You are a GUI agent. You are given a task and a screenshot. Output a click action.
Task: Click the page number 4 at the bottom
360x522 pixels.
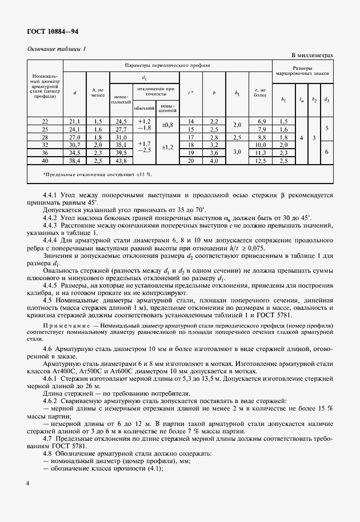pyautogui.click(x=28, y=483)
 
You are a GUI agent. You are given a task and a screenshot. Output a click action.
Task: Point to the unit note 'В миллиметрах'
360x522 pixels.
pyautogui.click(x=312, y=56)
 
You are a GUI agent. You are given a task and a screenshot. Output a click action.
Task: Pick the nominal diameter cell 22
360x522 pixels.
pyautogui.click(x=45, y=121)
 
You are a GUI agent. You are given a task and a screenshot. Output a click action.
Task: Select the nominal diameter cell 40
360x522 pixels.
pyautogui.click(x=45, y=161)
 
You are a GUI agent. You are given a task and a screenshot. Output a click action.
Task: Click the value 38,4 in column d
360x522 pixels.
pyautogui.click(x=74, y=161)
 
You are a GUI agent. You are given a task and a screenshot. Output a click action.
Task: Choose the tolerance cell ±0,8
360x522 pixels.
pyautogui.click(x=168, y=125)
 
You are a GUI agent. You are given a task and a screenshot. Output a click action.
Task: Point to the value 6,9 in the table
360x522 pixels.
pyautogui.click(x=262, y=121)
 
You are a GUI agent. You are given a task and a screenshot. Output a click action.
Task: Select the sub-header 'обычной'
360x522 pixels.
pyautogui.click(x=144, y=108)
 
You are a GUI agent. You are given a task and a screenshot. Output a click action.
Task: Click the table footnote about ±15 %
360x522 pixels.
pyautogui.click(x=98, y=173)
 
